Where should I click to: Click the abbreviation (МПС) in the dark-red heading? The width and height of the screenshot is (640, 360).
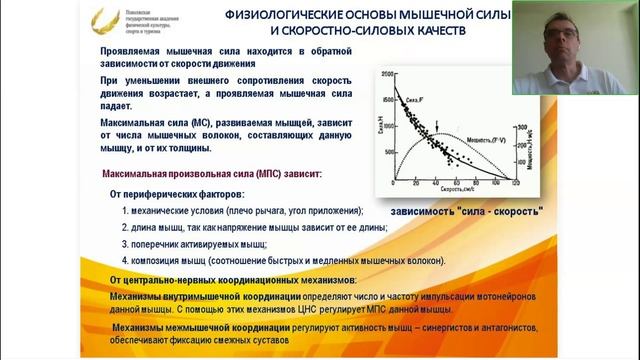click(x=263, y=174)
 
